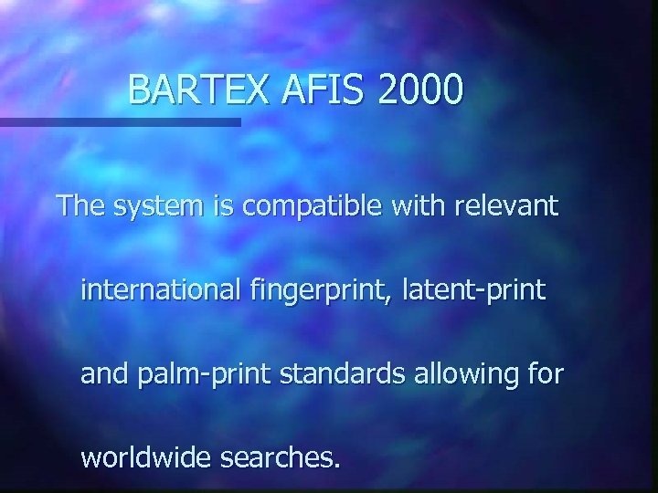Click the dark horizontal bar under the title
point(120,121)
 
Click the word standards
point(324,374)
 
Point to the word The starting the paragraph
point(80,206)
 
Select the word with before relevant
point(417,206)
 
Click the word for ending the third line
point(547,374)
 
